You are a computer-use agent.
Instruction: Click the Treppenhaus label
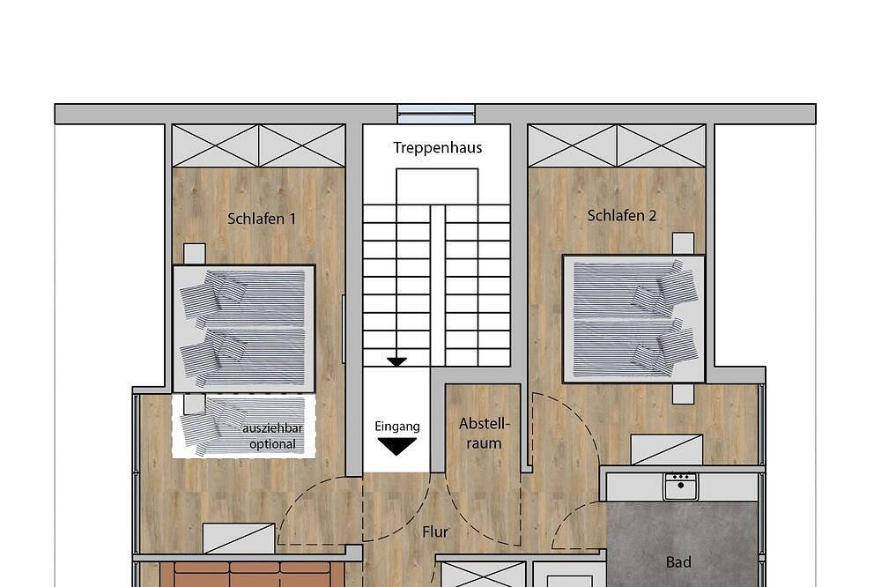437,148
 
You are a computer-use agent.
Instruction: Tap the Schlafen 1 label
262,219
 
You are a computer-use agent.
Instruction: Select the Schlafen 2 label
621,215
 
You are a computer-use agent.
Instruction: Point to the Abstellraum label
484,433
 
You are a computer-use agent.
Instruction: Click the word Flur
435,531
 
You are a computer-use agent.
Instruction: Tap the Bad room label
678,561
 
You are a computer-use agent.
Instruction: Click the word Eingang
397,427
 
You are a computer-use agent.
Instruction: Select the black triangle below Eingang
397,447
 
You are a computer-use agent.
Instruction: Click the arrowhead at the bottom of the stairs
396,362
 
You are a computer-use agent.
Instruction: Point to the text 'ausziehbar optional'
272,436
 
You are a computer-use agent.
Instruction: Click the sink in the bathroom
680,487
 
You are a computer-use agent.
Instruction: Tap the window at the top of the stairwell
436,114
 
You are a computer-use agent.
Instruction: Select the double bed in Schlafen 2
633,319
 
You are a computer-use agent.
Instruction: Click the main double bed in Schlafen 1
243,329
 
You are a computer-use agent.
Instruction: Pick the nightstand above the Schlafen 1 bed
195,254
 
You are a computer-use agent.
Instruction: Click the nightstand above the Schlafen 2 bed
684,244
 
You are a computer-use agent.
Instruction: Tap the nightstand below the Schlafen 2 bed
684,394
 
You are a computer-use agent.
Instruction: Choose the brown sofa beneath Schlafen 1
251,574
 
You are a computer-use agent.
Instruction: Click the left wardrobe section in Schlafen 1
215,145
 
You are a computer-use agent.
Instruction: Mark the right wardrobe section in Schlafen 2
662,145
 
